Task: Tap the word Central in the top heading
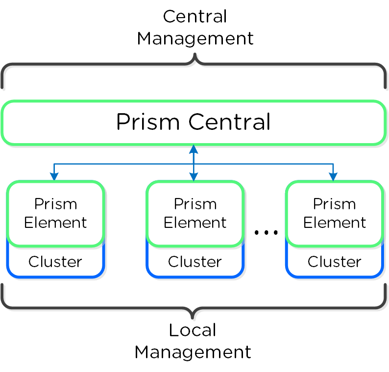[195, 17]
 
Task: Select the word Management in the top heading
[195, 38]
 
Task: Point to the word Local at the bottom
[193, 330]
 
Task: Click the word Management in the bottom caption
[193, 352]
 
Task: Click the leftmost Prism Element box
[55, 213]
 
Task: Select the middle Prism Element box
[195, 213]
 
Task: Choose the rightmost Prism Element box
[335, 213]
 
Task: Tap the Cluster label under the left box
[55, 262]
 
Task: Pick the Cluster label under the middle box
[195, 262]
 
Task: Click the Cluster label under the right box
[335, 262]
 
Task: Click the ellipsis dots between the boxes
[266, 232]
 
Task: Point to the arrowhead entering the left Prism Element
[54, 177]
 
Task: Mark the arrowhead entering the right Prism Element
[333, 177]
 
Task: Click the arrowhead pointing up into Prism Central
[194, 149]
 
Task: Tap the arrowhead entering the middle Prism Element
[194, 177]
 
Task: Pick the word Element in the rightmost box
[335, 223]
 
